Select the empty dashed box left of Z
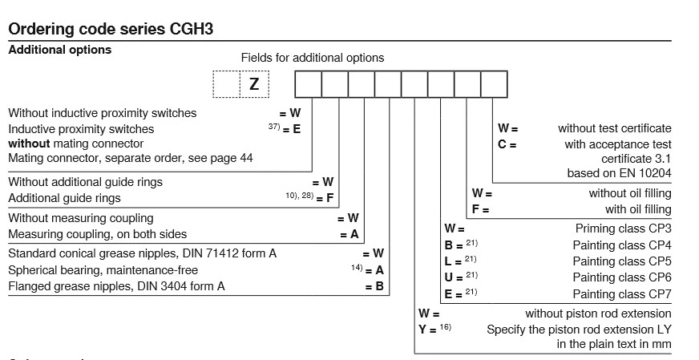(x=226, y=83)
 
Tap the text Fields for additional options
(x=313, y=58)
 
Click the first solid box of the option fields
(x=308, y=84)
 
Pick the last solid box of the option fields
(x=494, y=84)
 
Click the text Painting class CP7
(x=622, y=294)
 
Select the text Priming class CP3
(x=623, y=229)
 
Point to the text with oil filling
(x=638, y=210)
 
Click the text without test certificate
(x=615, y=128)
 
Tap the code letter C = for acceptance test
(x=507, y=145)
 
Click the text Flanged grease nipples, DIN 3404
(x=116, y=286)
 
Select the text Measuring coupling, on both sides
(x=97, y=234)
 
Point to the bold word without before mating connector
(x=29, y=144)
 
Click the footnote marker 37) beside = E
(x=275, y=127)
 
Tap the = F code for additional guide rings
(x=325, y=198)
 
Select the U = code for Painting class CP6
(x=454, y=277)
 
